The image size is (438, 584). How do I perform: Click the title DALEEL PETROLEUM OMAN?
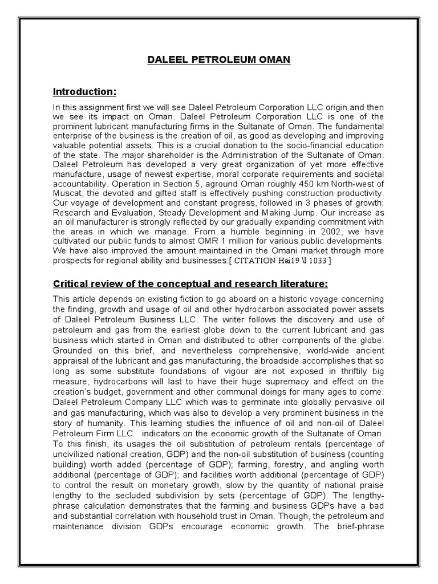[x=219, y=60]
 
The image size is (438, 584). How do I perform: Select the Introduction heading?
[x=84, y=91]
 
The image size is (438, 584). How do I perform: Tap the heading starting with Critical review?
[x=190, y=283]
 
